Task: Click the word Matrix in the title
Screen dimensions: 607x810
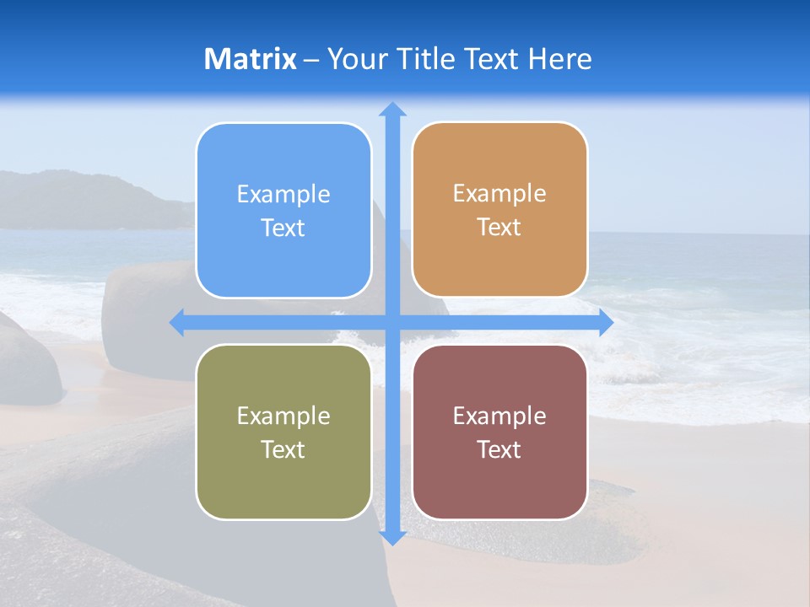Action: (x=250, y=59)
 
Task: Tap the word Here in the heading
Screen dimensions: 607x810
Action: (x=559, y=59)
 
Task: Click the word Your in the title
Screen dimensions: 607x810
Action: (x=358, y=59)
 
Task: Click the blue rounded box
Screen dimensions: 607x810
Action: (x=283, y=211)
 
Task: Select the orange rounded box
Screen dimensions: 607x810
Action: (x=499, y=210)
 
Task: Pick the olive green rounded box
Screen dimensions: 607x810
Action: (x=283, y=432)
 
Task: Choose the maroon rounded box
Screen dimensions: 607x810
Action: (x=499, y=432)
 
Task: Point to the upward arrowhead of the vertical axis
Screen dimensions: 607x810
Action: (x=392, y=110)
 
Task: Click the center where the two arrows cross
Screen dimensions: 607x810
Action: (x=392, y=322)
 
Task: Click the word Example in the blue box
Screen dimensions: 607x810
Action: (x=283, y=195)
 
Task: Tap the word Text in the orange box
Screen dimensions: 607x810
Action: (x=499, y=228)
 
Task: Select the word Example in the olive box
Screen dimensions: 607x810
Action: (x=283, y=416)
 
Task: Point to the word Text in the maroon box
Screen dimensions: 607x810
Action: (x=499, y=449)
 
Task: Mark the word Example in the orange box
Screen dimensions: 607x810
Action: (x=499, y=194)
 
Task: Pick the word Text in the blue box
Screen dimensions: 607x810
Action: (x=283, y=228)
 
